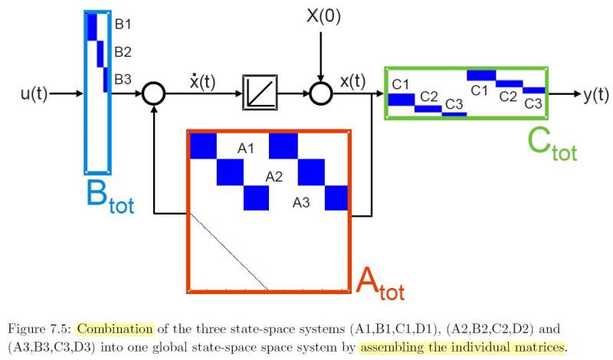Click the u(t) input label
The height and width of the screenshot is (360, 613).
[x=34, y=95]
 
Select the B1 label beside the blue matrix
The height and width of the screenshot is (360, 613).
[x=123, y=25]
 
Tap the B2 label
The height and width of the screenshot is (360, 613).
[x=123, y=53]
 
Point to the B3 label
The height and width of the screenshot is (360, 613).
[x=123, y=79]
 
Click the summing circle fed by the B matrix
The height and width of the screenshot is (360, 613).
[x=154, y=94]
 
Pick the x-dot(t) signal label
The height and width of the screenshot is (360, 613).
[x=202, y=82]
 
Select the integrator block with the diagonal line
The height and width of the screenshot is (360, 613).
[x=259, y=93]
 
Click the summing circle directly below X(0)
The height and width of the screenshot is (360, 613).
[x=321, y=93]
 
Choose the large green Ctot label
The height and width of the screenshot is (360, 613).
[x=552, y=144]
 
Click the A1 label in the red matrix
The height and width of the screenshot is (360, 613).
[x=245, y=149]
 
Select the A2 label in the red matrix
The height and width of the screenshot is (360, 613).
[x=274, y=177]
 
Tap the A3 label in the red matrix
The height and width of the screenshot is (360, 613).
[x=302, y=204]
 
